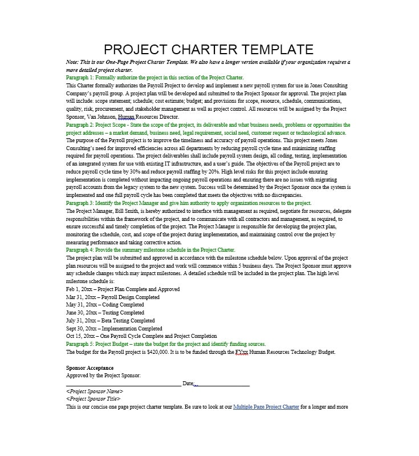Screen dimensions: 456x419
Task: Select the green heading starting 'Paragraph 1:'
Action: [155, 78]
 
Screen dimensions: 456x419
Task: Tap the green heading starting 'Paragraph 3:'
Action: [189, 203]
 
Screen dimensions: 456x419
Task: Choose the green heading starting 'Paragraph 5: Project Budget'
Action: [166, 344]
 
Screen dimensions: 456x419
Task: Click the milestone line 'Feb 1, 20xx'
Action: [123, 289]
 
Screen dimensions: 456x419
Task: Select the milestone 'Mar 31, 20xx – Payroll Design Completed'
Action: [113, 297]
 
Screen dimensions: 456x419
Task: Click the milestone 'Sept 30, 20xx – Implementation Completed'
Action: [114, 329]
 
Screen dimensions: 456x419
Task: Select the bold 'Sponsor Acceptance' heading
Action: [90, 368]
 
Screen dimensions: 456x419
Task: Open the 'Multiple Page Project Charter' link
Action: [266, 407]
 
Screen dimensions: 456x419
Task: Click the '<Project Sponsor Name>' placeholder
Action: [95, 392]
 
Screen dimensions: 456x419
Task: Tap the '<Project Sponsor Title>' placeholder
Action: [93, 399]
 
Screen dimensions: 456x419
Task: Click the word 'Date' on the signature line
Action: [188, 384]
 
